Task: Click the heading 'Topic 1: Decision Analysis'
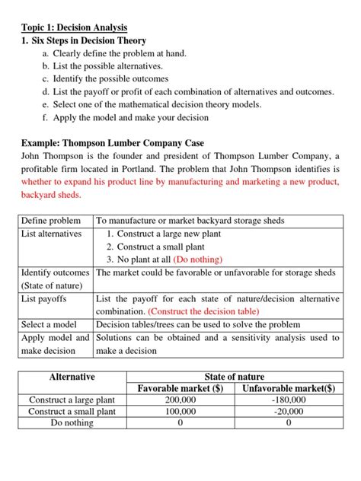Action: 74,27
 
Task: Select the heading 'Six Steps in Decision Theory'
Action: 90,40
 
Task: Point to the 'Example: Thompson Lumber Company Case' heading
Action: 112,143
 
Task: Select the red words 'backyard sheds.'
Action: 50,195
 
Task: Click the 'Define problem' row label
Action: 50,221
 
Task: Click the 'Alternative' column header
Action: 72,377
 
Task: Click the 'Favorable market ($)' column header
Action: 180,389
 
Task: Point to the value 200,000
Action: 180,400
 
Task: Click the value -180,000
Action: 288,400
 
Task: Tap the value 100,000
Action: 180,411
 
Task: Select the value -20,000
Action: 288,411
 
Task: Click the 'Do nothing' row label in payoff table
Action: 72,422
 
